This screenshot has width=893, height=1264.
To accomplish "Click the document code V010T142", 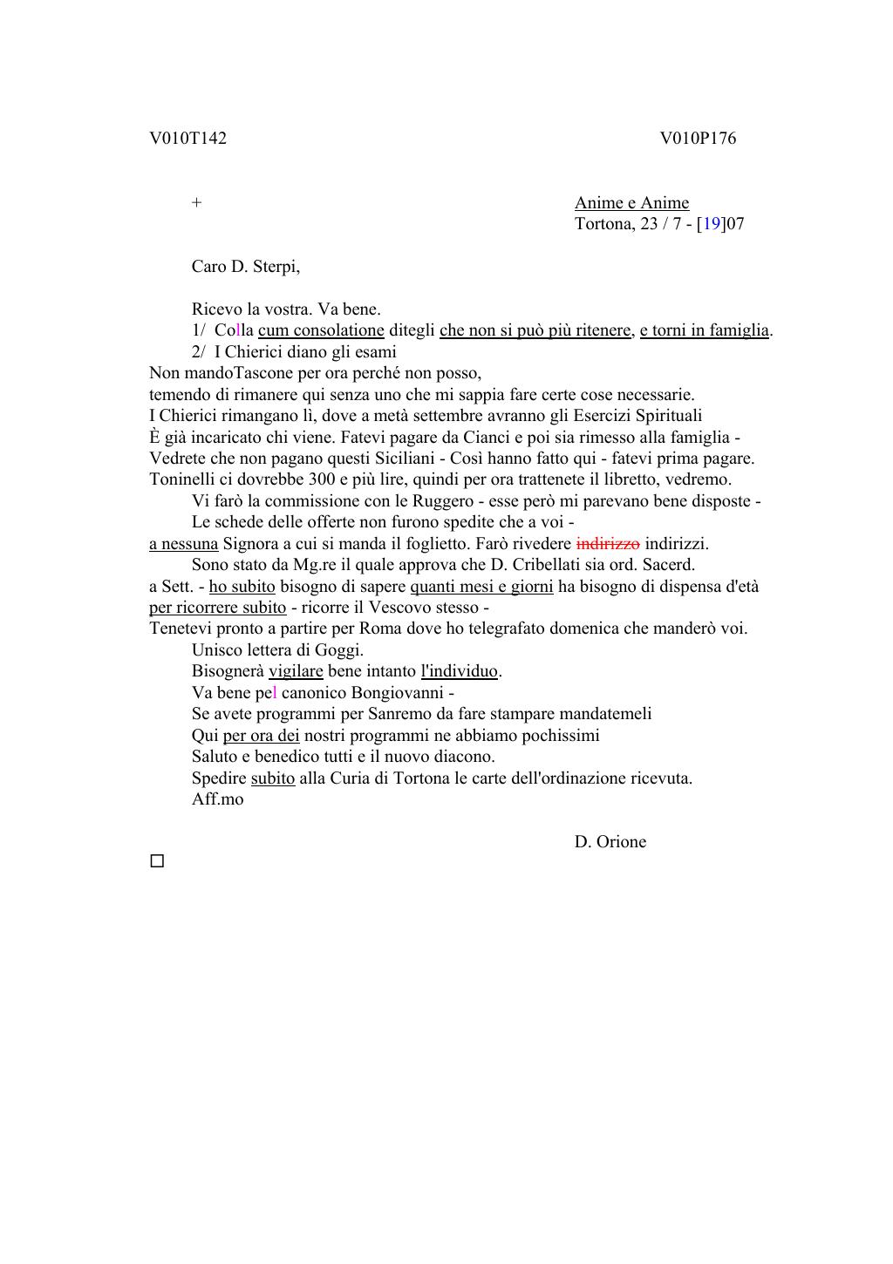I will coord(187,139).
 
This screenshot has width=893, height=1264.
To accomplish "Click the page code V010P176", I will coord(698,139).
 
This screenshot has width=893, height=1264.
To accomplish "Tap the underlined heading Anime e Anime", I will coord(631,203).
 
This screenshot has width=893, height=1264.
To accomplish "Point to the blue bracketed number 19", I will coord(712,224).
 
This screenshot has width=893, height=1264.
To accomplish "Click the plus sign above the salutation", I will coord(197,203).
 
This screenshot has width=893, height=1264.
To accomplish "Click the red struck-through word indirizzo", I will coord(608,544).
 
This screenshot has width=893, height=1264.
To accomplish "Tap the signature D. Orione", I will coord(610,842).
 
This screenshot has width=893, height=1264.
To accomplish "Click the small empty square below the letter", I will coord(157,861).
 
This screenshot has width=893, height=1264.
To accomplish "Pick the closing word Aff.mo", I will coord(218,799).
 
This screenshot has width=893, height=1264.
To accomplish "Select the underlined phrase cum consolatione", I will coord(321,330).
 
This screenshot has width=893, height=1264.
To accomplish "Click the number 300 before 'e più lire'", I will coord(323,479).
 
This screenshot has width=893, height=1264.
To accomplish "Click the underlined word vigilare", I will coord(296,671).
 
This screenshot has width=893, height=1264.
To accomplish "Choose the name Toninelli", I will coord(184,479).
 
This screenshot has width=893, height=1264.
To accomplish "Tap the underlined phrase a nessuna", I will coord(183,544).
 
